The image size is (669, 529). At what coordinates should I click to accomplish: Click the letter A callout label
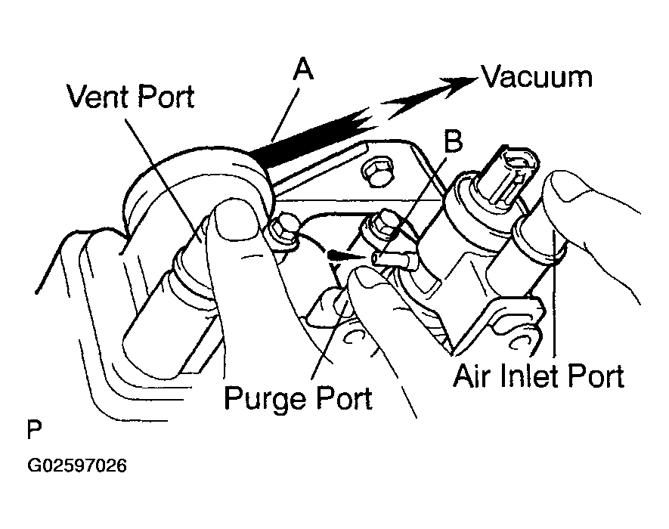[x=303, y=69]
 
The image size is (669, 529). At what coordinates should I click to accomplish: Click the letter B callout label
[x=453, y=141]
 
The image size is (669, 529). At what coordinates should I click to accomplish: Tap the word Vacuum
[x=537, y=77]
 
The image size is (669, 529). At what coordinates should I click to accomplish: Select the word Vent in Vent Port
[x=98, y=96]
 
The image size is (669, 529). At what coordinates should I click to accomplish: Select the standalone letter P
[x=34, y=429]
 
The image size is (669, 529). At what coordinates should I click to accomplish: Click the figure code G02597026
[x=77, y=466]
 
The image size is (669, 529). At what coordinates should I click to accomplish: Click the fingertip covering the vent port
[x=236, y=222]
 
